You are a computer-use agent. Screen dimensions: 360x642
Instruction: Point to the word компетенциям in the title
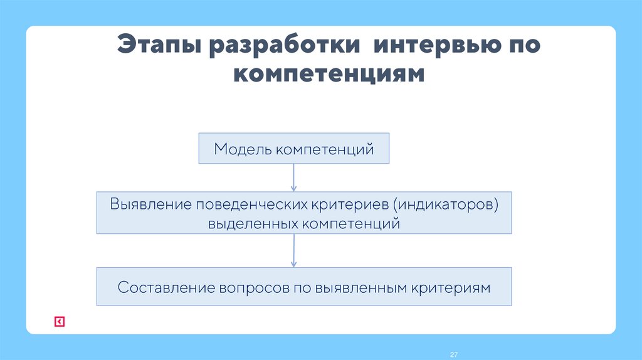pos(329,74)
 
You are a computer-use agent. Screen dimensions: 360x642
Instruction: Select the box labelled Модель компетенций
pos(294,149)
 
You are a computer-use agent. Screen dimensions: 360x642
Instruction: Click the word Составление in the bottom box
pos(166,287)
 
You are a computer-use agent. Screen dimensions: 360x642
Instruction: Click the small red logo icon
pos(59,322)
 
